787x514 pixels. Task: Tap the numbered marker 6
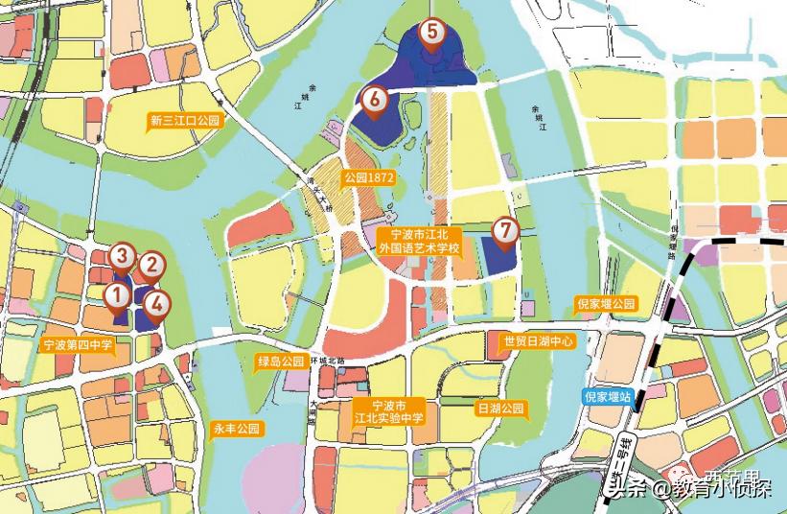point(375,97)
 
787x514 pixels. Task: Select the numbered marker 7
point(505,230)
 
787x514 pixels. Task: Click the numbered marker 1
point(116,294)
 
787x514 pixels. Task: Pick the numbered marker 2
point(150,265)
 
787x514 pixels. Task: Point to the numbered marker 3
point(121,255)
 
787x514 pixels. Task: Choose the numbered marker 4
point(157,304)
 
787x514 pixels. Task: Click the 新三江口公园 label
point(185,122)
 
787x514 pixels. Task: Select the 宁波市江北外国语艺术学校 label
point(420,241)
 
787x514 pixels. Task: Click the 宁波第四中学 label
point(78,343)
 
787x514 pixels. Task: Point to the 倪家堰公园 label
point(605,304)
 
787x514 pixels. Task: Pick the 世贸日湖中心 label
point(538,340)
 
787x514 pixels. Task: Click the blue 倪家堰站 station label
point(607,396)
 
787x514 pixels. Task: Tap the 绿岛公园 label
point(280,362)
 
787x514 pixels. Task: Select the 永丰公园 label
point(237,429)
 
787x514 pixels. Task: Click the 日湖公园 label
point(501,409)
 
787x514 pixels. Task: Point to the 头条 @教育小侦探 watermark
point(688,489)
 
